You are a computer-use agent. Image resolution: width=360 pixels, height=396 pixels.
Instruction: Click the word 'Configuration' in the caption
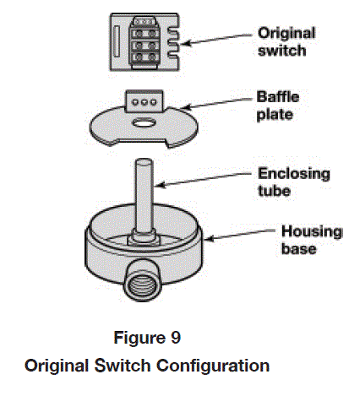pyautogui.click(x=217, y=366)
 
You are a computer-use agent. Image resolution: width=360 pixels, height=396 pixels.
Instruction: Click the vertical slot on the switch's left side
pyautogui.click(x=116, y=41)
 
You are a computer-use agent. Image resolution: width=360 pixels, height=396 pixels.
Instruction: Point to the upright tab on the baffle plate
pyautogui.click(x=141, y=99)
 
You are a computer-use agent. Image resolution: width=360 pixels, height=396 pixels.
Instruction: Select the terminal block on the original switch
pyautogui.click(x=144, y=39)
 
